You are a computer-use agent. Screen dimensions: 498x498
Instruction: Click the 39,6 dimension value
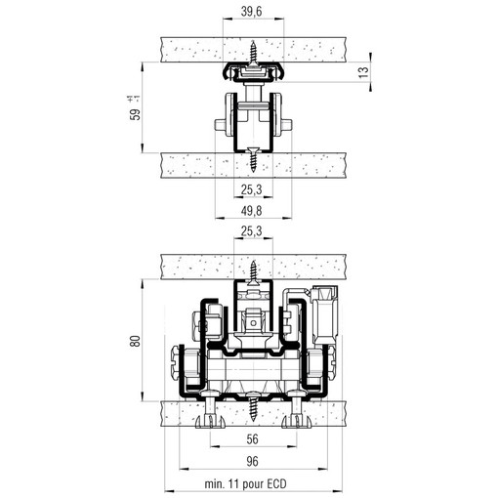(252, 12)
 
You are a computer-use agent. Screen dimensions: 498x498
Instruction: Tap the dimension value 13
(364, 71)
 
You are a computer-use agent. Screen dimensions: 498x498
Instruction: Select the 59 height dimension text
(135, 114)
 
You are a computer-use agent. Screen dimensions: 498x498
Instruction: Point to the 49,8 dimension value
(251, 211)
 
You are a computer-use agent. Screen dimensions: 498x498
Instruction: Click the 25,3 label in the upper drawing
(251, 189)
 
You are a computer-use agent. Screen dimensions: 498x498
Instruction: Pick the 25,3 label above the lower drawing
(251, 231)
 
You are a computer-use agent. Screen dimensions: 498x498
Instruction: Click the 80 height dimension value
(135, 341)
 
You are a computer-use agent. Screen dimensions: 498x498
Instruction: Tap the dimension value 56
(252, 439)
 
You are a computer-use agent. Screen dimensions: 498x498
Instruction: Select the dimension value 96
(252, 461)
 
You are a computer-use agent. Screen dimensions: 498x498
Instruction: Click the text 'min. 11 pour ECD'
(245, 484)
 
